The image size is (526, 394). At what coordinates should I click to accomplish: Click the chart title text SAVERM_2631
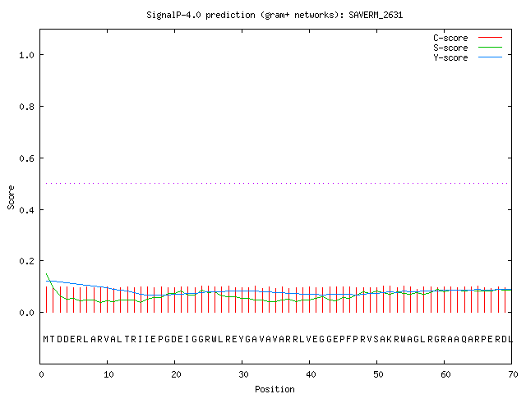click(376, 15)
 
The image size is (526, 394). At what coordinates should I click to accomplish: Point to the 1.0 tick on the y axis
click(26, 55)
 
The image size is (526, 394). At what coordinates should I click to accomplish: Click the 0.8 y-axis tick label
click(26, 107)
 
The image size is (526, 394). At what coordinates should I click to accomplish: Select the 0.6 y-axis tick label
click(26, 158)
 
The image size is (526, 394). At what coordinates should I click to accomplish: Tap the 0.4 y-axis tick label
click(26, 210)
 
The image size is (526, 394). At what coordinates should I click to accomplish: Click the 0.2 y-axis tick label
click(26, 261)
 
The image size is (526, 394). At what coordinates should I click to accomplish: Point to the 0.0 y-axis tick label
click(26, 313)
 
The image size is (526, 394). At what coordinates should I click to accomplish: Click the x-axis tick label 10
click(108, 374)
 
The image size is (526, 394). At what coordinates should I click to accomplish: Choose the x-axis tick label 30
click(243, 374)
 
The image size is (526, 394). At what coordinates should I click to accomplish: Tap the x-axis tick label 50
click(378, 374)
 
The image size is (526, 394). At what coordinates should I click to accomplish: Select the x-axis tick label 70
click(513, 374)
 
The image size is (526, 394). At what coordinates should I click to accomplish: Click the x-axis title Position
click(275, 389)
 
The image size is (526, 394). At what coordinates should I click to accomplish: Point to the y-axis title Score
click(11, 197)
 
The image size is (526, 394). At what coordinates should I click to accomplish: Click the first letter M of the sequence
click(46, 339)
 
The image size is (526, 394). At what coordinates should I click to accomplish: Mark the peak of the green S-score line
click(47, 273)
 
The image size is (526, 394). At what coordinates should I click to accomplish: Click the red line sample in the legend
click(490, 38)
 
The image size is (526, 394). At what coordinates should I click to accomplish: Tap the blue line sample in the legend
click(490, 57)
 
